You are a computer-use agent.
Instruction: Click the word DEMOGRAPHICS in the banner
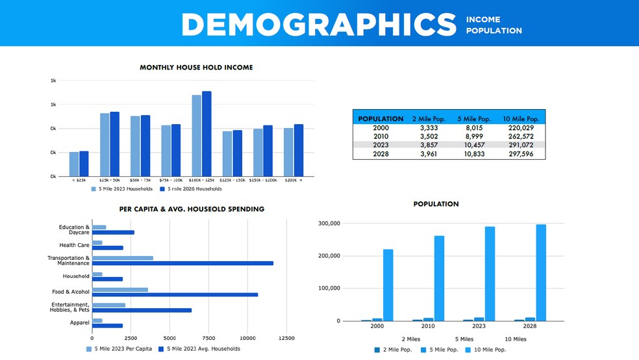point(319,25)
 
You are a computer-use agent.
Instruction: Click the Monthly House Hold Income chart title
point(196,68)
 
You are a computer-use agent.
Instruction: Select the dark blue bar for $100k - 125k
point(207,134)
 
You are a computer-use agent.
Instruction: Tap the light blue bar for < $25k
point(74,164)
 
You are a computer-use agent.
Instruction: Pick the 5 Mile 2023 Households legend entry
point(121,189)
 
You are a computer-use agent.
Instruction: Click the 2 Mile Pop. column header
point(426,120)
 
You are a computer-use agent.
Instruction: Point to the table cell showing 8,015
point(473,129)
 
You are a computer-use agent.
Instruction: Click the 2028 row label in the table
point(381,155)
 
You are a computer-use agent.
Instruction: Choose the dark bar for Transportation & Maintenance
point(182,263)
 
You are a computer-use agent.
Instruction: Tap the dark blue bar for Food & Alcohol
point(175,294)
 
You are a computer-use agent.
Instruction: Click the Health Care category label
point(74,246)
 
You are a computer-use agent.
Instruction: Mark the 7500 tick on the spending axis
point(208,339)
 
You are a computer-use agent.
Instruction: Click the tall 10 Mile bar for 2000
point(388,285)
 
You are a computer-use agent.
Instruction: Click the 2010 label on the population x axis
point(429,327)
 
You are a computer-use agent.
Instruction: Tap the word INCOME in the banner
point(483,20)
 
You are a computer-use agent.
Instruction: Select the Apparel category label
point(79,323)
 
